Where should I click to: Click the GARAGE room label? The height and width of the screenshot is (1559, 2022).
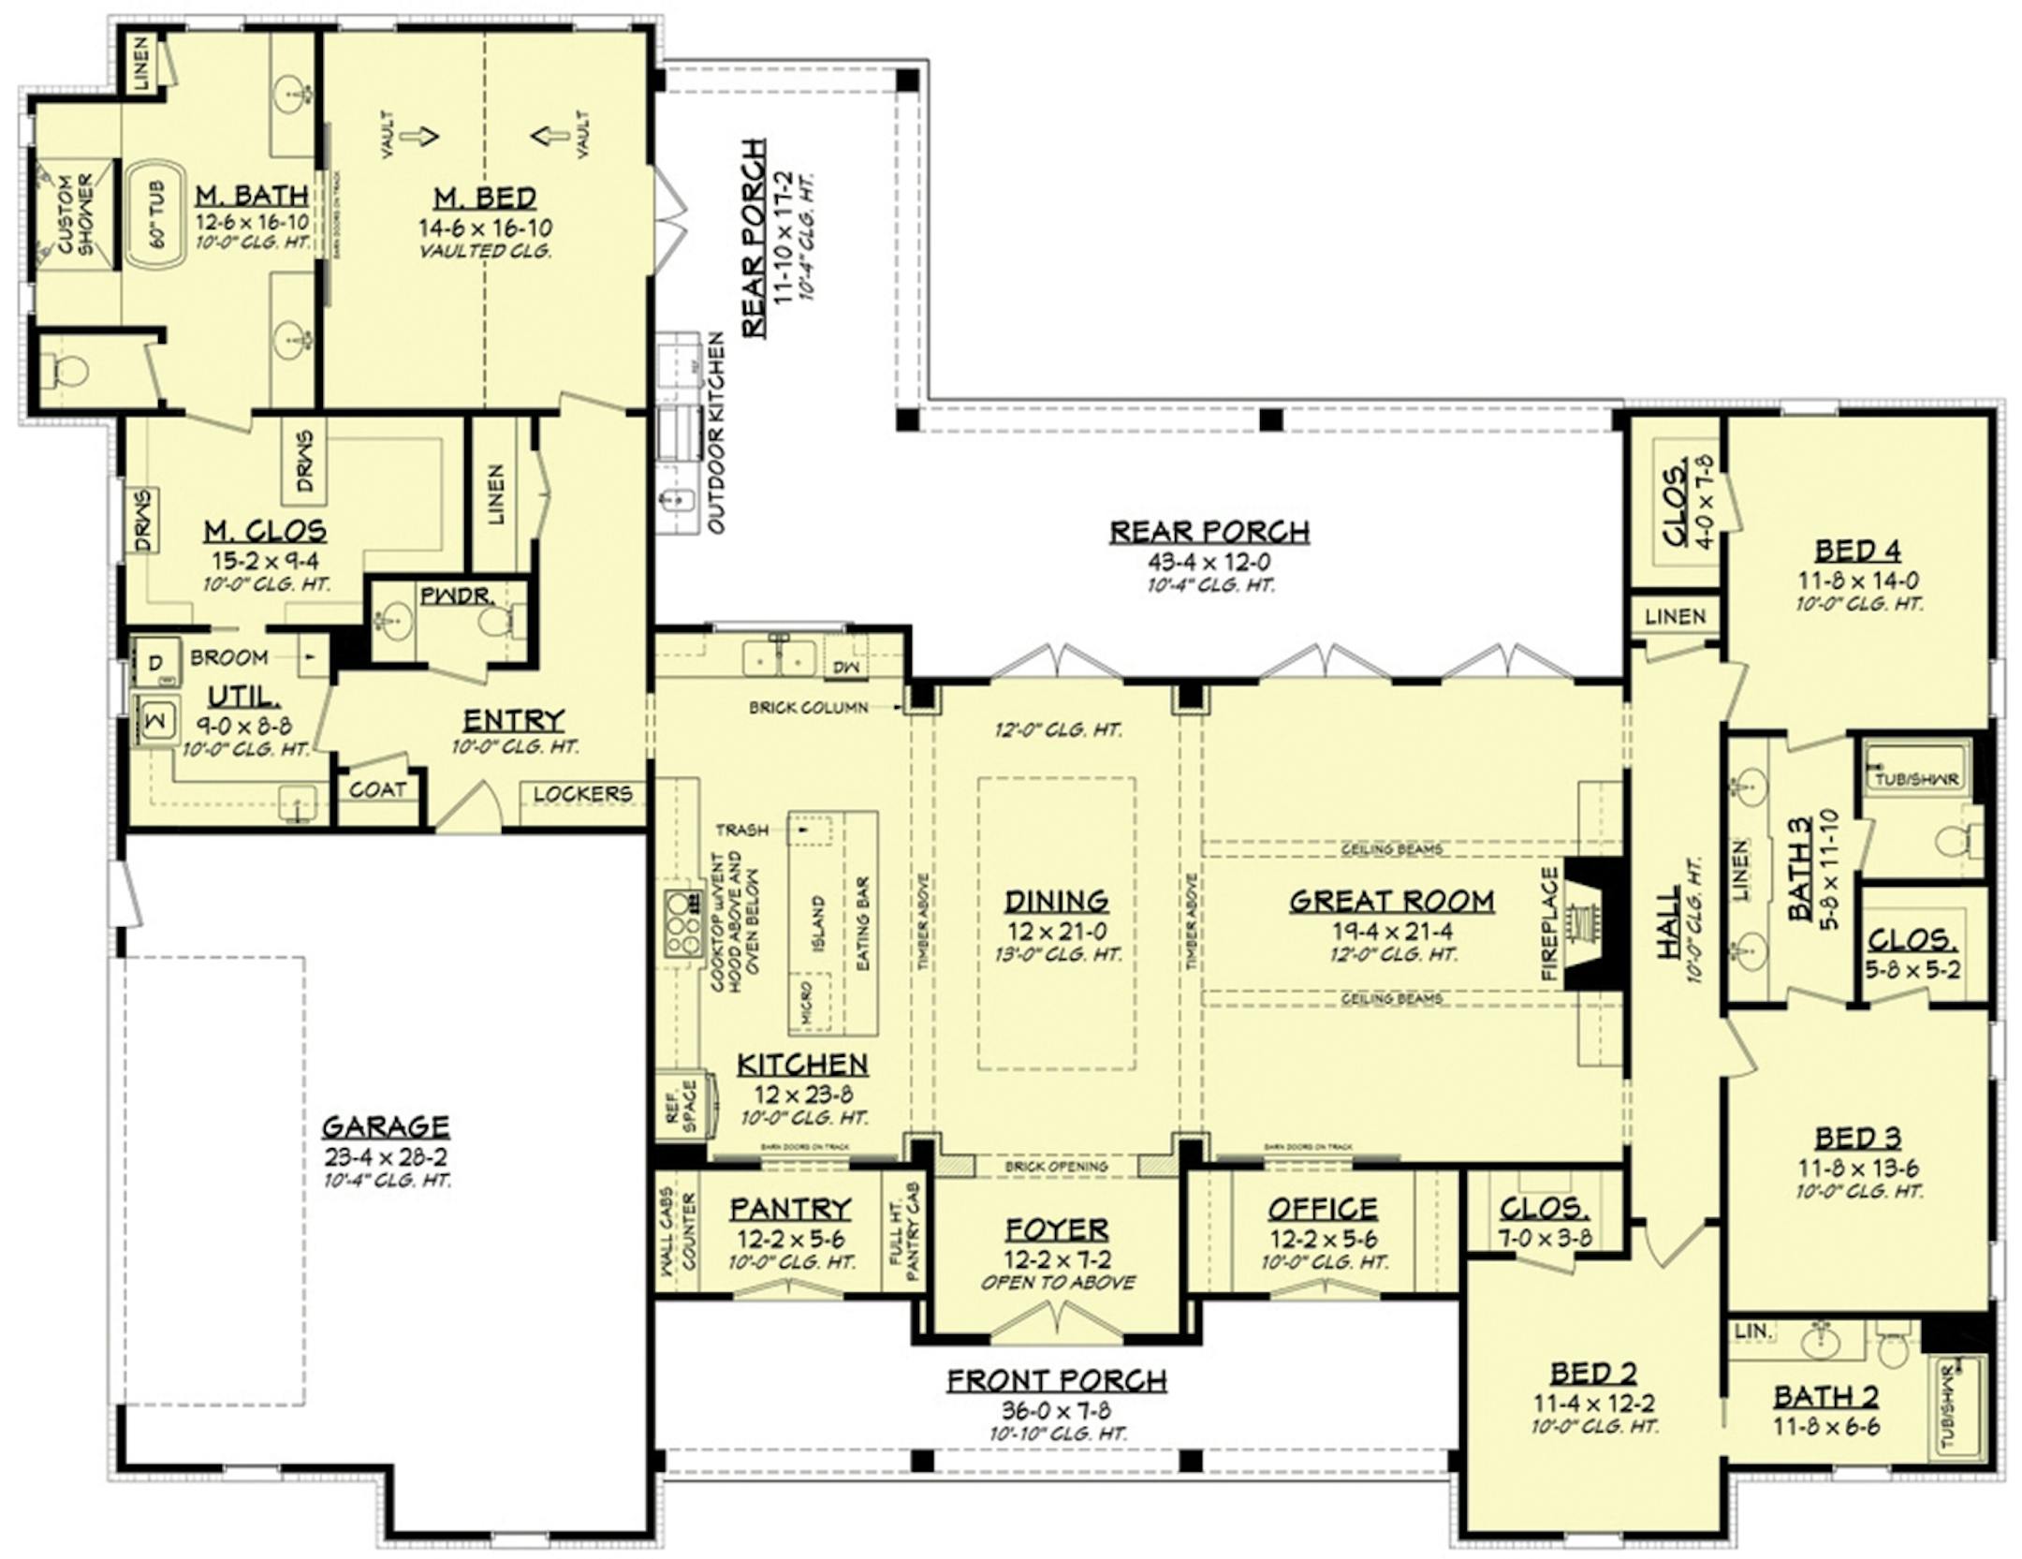(386, 1125)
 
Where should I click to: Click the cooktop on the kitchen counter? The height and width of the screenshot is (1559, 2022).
(683, 923)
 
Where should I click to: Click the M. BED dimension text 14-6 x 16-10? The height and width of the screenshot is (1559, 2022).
(485, 228)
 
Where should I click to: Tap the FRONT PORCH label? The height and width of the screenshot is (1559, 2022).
(1057, 1380)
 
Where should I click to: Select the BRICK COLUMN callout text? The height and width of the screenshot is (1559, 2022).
(808, 708)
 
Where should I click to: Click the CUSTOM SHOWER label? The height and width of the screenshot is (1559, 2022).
(75, 214)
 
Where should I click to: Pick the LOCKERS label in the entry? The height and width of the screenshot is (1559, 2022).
(582, 794)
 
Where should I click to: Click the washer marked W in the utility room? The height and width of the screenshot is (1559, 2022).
(155, 719)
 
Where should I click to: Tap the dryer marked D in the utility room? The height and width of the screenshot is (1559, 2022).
(155, 663)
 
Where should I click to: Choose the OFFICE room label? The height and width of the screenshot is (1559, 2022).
(1323, 1209)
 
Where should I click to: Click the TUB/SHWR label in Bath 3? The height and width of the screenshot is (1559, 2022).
(1916, 779)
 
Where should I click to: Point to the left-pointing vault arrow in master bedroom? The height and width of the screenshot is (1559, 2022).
(550, 137)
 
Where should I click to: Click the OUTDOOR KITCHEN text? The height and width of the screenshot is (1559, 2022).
(716, 432)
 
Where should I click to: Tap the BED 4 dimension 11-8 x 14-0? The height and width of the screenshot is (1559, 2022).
(1857, 581)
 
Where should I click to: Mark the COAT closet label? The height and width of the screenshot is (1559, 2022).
(377, 790)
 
